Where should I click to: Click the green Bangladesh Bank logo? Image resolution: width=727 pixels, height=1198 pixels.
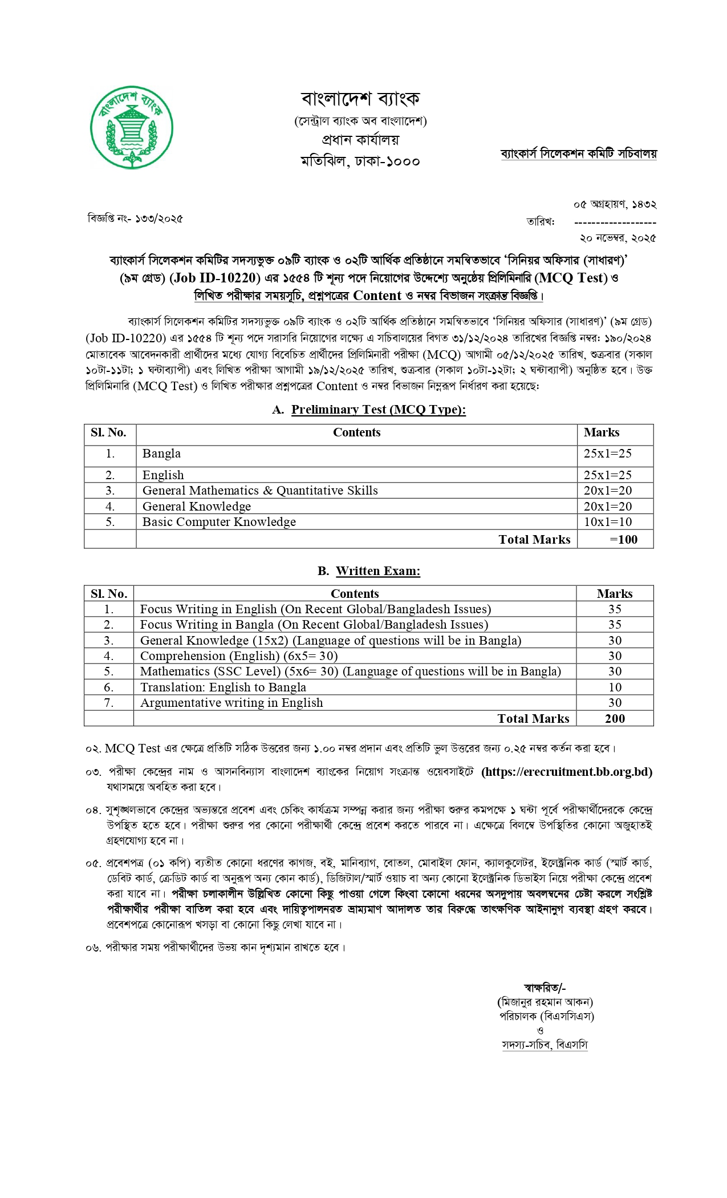point(132,127)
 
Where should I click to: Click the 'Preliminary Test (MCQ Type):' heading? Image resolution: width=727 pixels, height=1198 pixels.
point(378,410)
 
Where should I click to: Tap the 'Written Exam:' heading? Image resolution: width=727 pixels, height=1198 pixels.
point(377,571)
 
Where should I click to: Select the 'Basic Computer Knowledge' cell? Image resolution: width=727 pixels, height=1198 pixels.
point(219,522)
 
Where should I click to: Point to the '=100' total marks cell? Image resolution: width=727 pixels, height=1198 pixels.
point(623,540)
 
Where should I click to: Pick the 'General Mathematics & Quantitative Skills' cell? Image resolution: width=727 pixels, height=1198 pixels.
point(260,491)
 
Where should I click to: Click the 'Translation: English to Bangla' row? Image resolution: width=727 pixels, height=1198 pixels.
point(223,687)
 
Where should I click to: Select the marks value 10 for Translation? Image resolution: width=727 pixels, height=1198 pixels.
point(615,687)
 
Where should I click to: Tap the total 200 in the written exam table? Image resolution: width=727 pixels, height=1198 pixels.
point(615,719)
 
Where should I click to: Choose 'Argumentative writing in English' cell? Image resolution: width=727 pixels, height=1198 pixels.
point(231,703)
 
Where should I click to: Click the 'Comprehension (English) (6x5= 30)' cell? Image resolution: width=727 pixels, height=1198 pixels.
point(239,656)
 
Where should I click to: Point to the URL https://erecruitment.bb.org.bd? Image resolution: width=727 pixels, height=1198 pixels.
point(567,772)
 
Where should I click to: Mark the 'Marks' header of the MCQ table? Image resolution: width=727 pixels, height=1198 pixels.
point(602,432)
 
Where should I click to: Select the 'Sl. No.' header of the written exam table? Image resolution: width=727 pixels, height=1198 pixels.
point(108,594)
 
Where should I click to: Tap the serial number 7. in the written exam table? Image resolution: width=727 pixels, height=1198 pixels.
point(108,703)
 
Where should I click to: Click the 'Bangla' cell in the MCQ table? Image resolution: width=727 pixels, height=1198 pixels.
point(161,454)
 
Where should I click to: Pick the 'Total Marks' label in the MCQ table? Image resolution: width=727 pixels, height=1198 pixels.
point(534,540)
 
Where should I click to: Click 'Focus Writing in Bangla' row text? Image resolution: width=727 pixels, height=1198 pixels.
point(314,625)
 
